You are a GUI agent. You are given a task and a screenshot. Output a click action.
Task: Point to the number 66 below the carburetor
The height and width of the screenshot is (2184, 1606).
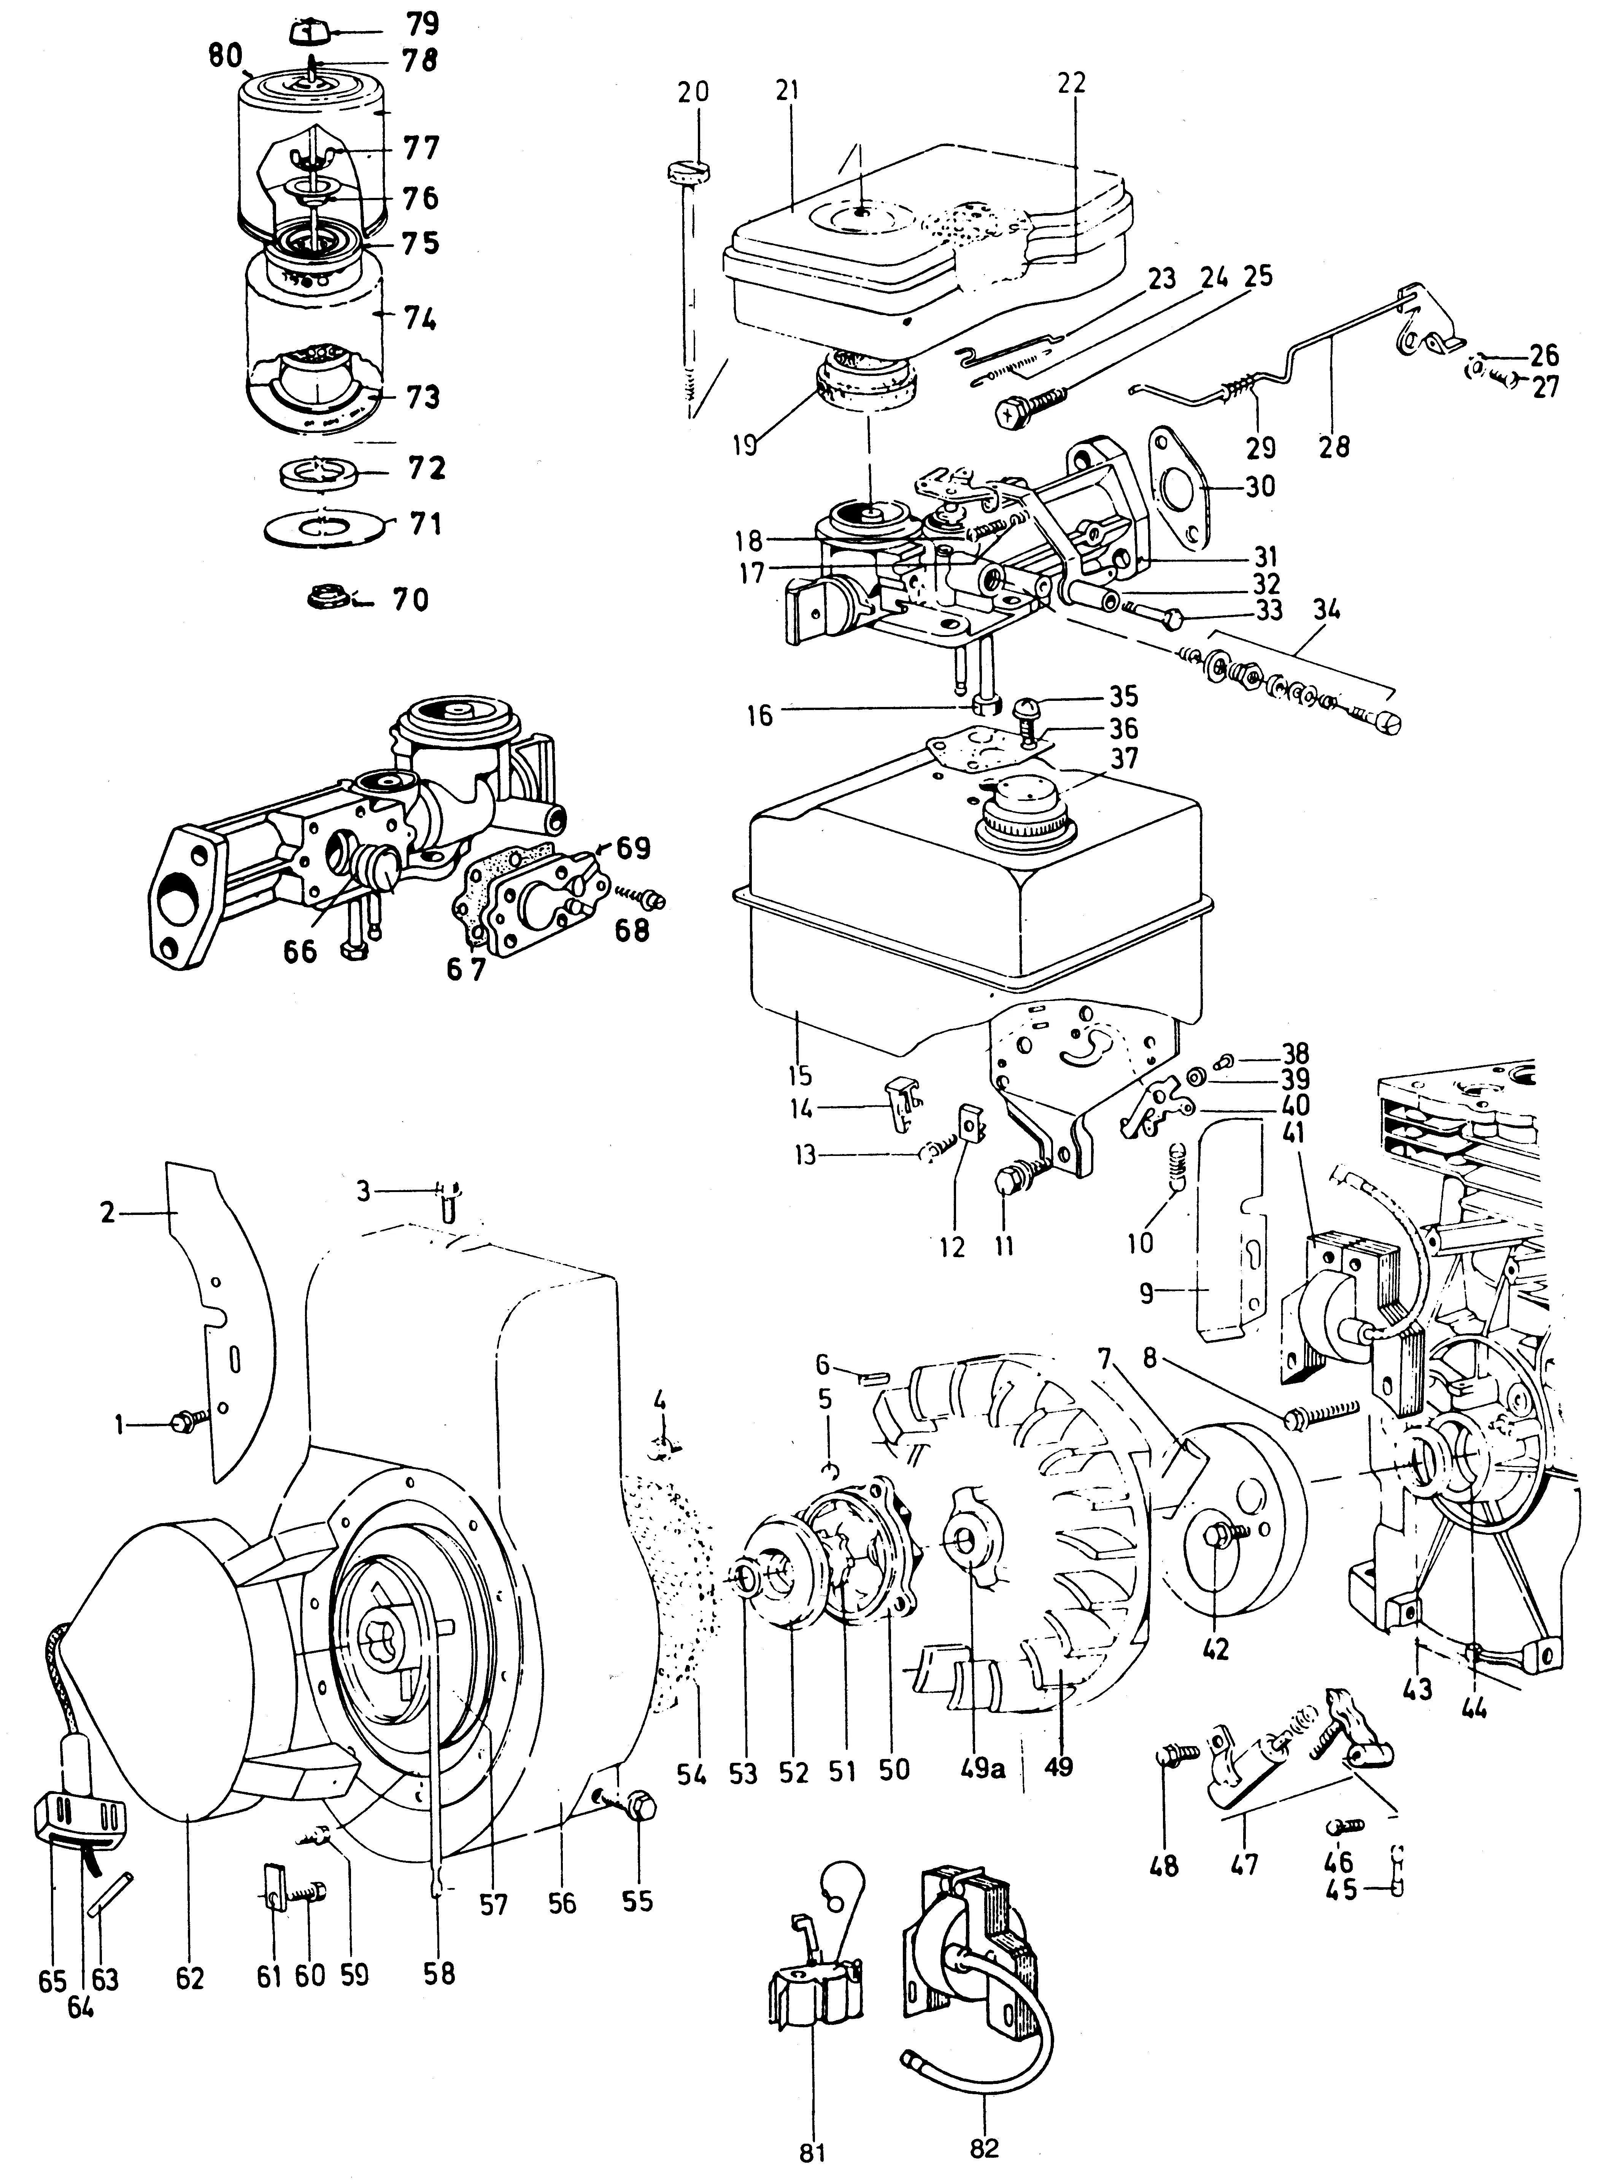pyautogui.click(x=300, y=951)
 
